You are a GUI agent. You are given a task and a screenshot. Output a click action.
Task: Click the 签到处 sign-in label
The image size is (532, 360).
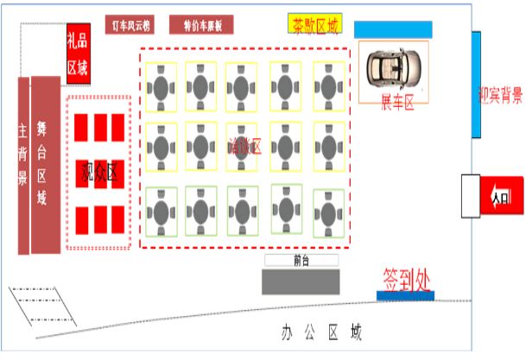[x=406, y=278]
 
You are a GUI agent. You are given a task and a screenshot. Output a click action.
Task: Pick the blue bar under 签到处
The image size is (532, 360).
[x=406, y=295]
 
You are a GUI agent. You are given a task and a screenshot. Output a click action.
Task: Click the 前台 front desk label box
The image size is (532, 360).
[x=301, y=259]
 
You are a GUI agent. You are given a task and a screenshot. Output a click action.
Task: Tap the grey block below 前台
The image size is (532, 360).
[x=301, y=282]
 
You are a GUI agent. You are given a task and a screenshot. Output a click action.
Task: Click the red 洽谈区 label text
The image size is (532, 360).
[x=244, y=146]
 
